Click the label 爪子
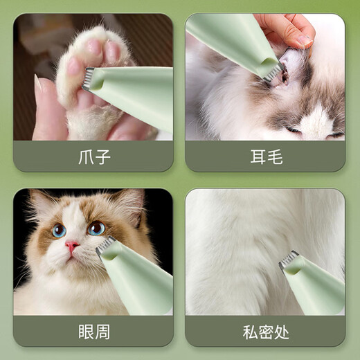[93, 156]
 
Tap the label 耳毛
[266, 156]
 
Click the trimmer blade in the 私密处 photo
[289, 259]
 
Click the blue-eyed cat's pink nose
[71, 246]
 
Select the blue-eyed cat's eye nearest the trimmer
[96, 228]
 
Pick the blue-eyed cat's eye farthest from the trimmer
[59, 230]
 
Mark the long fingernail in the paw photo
[37, 84]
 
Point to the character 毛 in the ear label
[275, 156]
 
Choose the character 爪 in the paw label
[84, 156]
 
